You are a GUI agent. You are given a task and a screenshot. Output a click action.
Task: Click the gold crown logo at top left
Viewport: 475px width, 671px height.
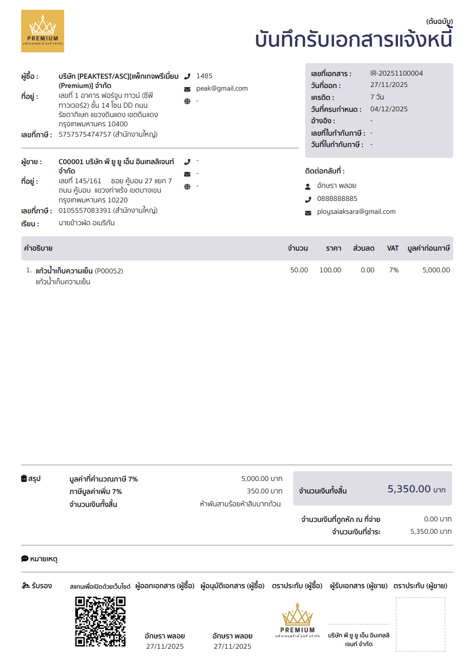pos(42,31)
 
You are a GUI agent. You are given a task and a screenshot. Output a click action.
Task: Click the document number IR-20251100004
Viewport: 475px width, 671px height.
pos(396,74)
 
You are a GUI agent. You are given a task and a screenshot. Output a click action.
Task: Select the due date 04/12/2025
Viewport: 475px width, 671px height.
pos(389,109)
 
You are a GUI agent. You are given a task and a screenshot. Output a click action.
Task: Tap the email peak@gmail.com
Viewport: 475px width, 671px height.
pos(221,89)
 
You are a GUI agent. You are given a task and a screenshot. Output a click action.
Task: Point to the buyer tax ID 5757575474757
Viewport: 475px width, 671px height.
pos(85,135)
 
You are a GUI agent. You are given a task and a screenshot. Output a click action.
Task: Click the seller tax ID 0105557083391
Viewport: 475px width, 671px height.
pos(85,211)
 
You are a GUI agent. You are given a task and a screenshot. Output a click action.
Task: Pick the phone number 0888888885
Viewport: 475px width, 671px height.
pos(337,199)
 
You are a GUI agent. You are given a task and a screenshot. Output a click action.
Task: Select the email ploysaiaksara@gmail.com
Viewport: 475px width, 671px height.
pos(356,212)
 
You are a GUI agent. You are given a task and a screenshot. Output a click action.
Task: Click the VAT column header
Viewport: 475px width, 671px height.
pos(393,249)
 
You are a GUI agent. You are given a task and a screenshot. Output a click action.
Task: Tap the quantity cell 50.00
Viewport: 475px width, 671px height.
pos(299,270)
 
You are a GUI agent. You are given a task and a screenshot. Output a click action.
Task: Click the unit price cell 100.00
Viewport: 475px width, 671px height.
pos(330,270)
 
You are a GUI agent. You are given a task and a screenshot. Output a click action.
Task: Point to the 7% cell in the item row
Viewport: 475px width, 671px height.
pos(394,270)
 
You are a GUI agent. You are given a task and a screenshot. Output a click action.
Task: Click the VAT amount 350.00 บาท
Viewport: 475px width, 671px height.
pos(264,491)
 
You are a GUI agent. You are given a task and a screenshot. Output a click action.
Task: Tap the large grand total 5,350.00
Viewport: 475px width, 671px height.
pos(409,489)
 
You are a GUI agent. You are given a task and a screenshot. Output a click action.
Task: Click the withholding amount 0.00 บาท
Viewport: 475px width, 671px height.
pos(438,519)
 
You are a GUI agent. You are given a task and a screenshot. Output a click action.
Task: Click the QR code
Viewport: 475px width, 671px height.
pos(100,621)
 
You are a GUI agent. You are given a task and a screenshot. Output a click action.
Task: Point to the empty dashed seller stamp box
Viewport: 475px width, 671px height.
pos(420,624)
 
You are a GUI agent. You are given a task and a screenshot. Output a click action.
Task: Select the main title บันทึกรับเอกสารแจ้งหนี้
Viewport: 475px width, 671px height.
pos(354,40)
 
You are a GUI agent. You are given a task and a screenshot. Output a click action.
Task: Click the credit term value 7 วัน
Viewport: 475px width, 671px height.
pos(377,97)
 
